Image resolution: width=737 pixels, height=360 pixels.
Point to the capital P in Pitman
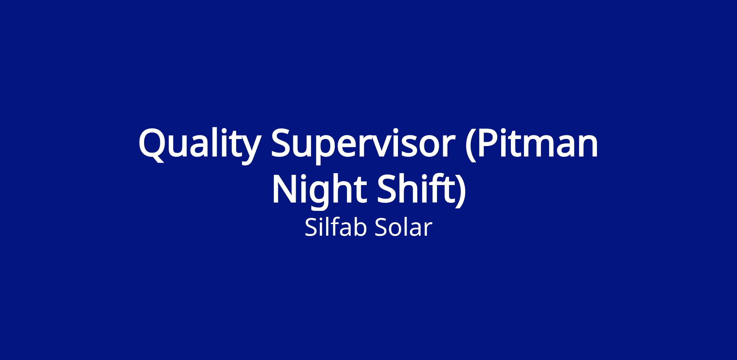point(490,143)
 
